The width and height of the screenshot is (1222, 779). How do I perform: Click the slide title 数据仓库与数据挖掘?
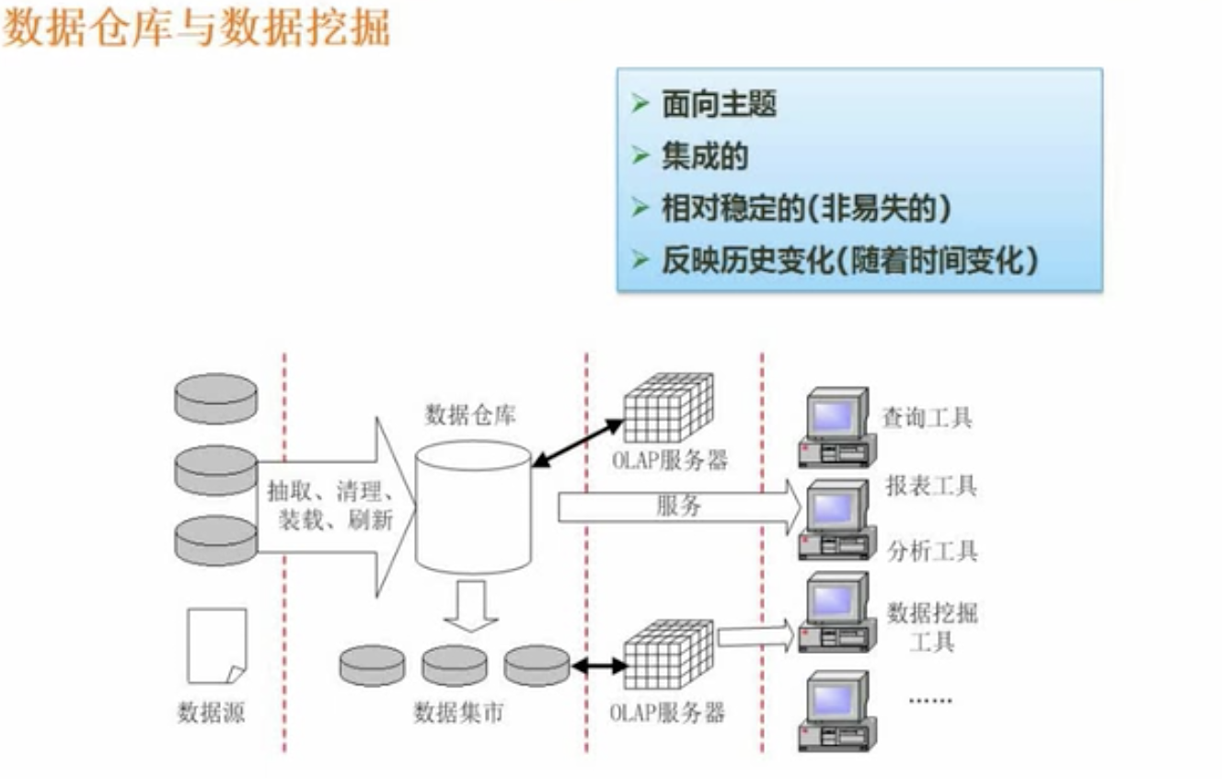[x=197, y=29]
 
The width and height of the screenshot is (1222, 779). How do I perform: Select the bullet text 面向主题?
[x=719, y=105]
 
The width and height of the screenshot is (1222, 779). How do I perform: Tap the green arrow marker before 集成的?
[x=640, y=157]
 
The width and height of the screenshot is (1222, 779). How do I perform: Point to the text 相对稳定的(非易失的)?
[x=805, y=209]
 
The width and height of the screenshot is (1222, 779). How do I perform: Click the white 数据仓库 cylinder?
[x=473, y=507]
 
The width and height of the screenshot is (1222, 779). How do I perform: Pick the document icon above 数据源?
[x=217, y=645]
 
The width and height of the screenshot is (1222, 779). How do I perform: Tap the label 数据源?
[x=212, y=713]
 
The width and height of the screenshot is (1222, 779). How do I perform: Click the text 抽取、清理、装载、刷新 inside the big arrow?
[x=329, y=506]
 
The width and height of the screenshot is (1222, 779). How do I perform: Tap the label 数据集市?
[x=458, y=712]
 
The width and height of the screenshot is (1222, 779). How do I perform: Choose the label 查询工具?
[x=927, y=418]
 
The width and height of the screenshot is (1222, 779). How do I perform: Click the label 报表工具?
[x=930, y=485]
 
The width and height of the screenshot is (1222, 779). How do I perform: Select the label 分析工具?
[x=932, y=552]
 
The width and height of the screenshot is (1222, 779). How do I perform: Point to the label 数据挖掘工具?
[x=932, y=626]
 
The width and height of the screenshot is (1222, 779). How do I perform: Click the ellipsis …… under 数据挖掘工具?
[x=931, y=699]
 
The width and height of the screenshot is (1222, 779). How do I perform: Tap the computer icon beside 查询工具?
[x=836, y=426]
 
